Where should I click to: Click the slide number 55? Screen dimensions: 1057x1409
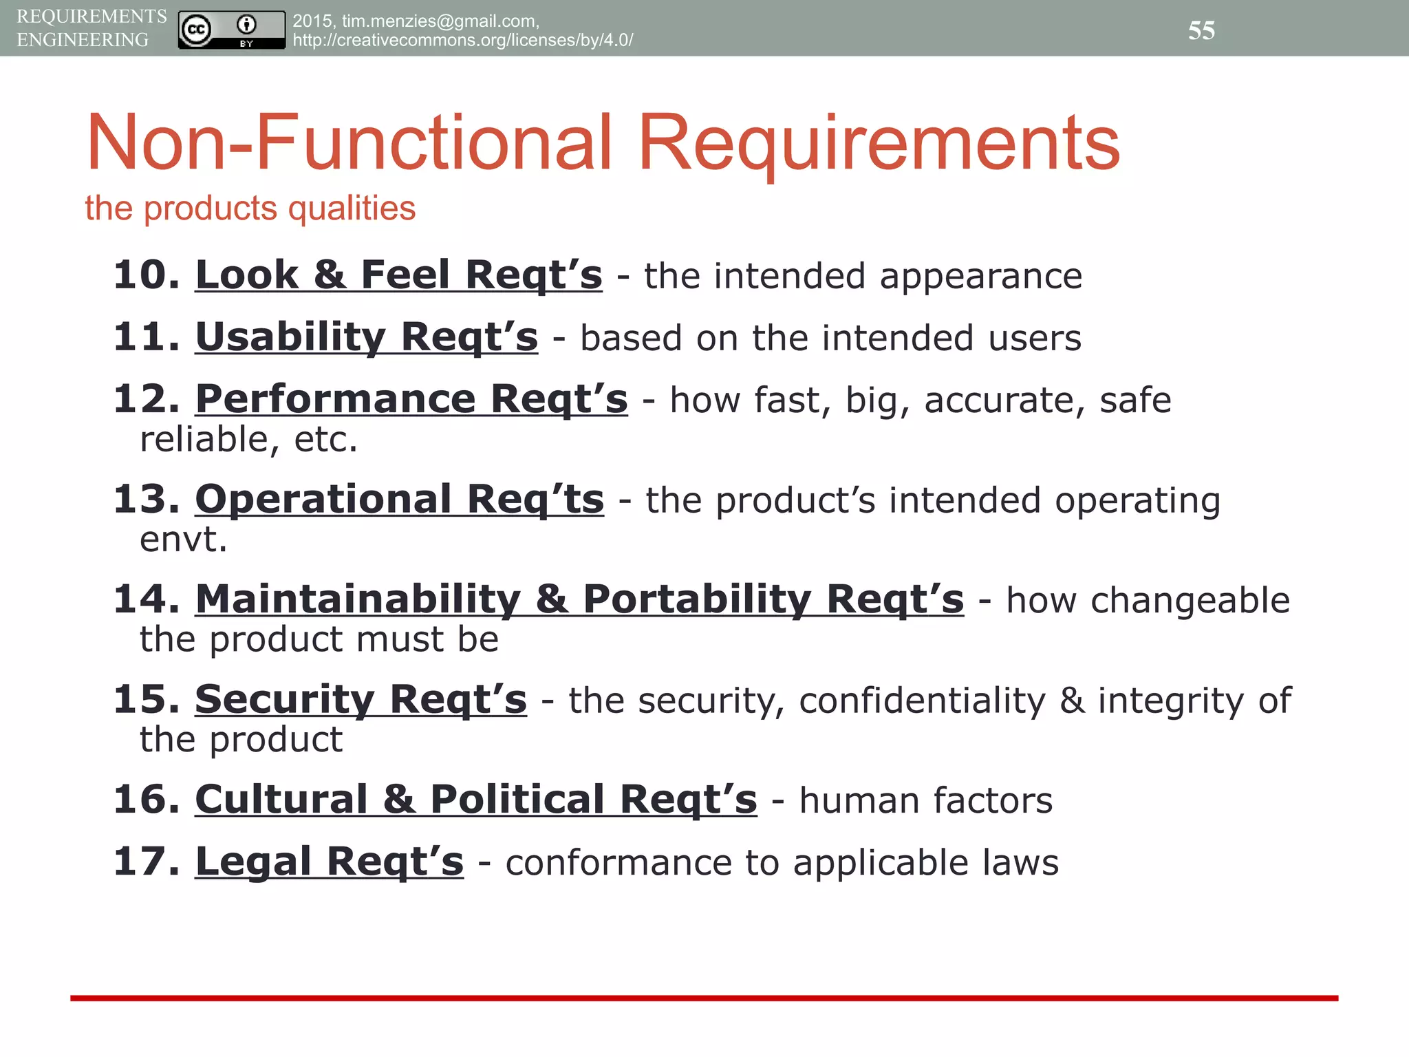click(1201, 30)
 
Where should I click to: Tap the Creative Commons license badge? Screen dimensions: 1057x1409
click(231, 30)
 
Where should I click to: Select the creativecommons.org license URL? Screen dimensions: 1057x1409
click(462, 40)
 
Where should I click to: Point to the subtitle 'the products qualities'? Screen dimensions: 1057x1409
click(250, 208)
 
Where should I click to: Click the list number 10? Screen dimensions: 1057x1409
click(146, 275)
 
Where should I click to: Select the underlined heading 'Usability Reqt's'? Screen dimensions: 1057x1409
click(366, 337)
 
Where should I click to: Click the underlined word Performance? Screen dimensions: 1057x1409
click(335, 399)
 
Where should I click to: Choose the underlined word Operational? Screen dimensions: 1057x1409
click(323, 499)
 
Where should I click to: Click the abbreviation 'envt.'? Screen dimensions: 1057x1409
click(183, 540)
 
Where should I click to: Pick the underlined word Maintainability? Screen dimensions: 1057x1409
click(358, 599)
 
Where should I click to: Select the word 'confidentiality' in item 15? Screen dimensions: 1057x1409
click(922, 701)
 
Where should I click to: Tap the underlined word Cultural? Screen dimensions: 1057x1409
click(281, 800)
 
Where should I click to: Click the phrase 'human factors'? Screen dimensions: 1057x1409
click(925, 801)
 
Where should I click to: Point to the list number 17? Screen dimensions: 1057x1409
click(146, 862)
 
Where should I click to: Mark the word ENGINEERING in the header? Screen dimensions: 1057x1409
click(83, 40)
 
